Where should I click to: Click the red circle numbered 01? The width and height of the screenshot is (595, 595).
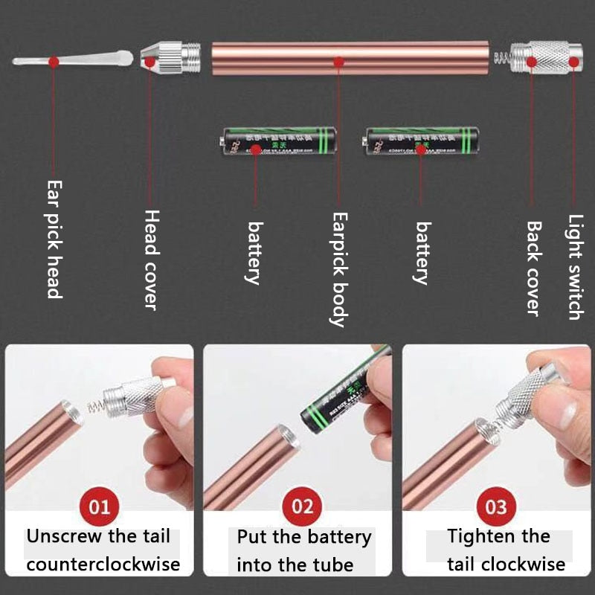(x=99, y=507)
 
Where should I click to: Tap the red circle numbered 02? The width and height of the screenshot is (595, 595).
(x=302, y=507)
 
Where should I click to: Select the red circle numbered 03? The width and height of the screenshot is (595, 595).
(x=496, y=507)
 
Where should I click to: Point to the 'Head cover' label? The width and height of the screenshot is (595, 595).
(x=151, y=259)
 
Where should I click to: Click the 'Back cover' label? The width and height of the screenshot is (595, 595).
(x=533, y=268)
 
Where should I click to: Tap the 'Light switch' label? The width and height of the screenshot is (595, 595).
(x=575, y=267)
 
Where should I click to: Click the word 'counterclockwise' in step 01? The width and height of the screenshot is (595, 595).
(x=103, y=564)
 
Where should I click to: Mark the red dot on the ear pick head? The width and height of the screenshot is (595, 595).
(x=54, y=62)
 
